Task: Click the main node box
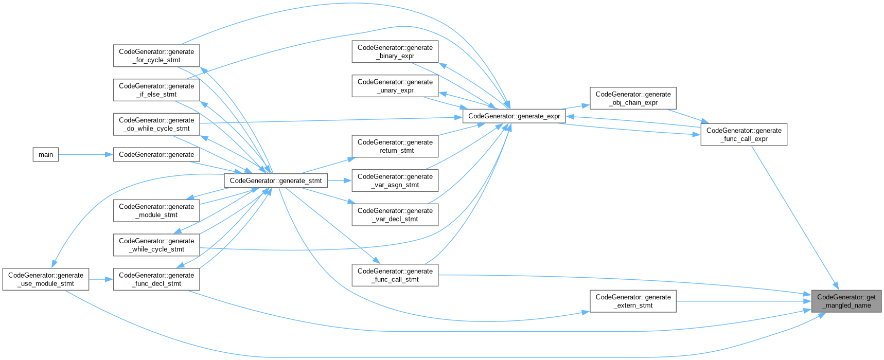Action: [x=46, y=155]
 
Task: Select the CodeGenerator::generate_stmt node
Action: [x=276, y=181]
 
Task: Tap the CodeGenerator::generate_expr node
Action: [x=514, y=116]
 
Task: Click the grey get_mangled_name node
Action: [x=846, y=301]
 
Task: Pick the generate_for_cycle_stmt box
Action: [x=156, y=56]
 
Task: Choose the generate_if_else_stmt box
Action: [x=156, y=90]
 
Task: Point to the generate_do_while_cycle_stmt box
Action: [x=156, y=124]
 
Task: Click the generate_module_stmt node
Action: [x=156, y=211]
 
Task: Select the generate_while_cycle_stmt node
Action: [x=156, y=245]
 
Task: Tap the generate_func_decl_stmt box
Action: [x=156, y=279]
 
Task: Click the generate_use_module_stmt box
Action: [x=46, y=279]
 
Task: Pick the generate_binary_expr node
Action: [x=395, y=52]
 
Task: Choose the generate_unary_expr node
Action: [x=395, y=86]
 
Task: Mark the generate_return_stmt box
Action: [x=395, y=147]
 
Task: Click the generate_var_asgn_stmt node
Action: [x=395, y=181]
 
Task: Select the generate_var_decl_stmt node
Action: [x=395, y=215]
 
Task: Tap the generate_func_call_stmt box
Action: [x=395, y=275]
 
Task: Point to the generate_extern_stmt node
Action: [x=633, y=301]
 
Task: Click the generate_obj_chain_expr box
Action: [x=633, y=98]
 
